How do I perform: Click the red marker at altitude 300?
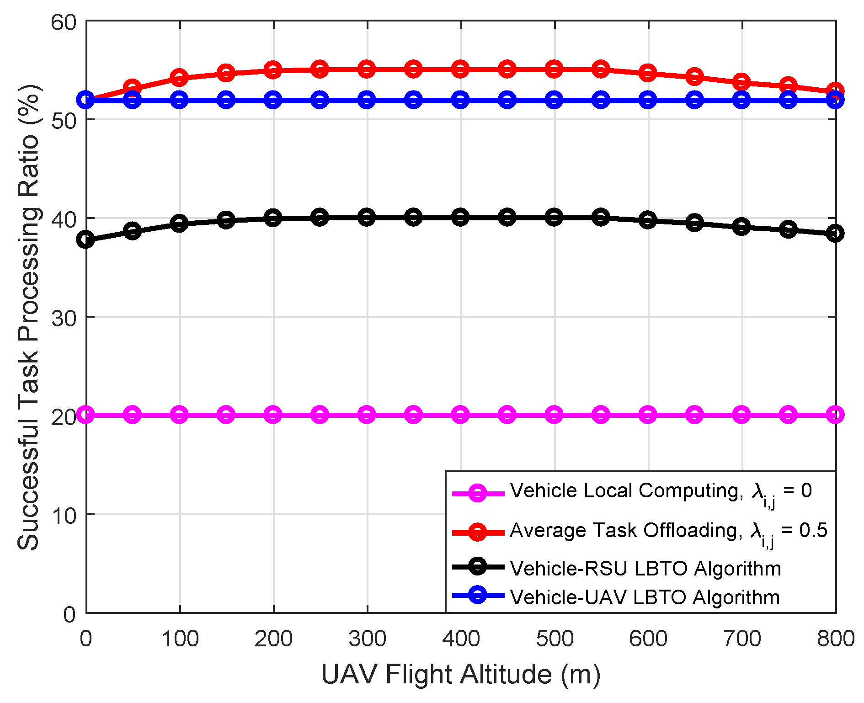tap(367, 69)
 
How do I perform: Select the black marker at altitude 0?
tap(86, 239)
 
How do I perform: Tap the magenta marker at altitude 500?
tap(554, 415)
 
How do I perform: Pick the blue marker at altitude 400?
tap(460, 100)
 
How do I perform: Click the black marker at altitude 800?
tap(835, 234)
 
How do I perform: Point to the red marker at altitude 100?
tap(179, 78)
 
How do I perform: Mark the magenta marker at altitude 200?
tap(273, 415)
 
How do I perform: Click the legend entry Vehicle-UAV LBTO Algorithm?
tap(645, 597)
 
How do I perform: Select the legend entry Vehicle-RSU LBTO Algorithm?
tap(645, 569)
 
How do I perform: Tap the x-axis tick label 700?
tap(741, 638)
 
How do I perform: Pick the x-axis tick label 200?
tap(273, 638)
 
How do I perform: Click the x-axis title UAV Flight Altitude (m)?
tap(460, 675)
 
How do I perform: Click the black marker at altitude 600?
tap(648, 220)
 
